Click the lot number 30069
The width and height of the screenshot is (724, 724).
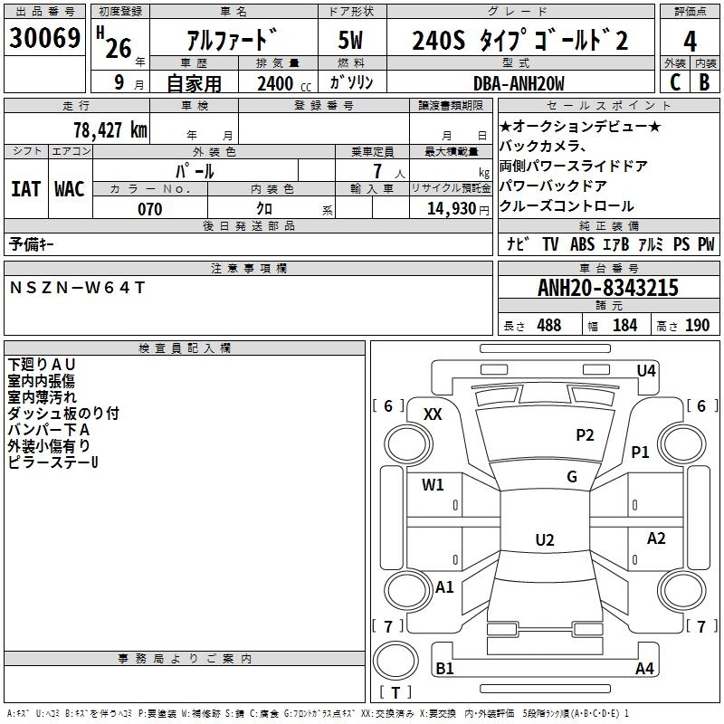[x=44, y=39]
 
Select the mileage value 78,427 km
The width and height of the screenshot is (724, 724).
[x=110, y=129]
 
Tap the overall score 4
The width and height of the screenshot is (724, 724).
[x=690, y=41]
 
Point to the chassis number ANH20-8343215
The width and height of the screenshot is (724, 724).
[x=607, y=289]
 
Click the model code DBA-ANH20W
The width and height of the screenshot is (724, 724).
[x=519, y=83]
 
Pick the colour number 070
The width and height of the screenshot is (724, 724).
[x=149, y=209]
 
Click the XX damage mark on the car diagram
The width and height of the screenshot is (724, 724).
[x=433, y=414]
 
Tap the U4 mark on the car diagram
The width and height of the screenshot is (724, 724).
[x=645, y=370]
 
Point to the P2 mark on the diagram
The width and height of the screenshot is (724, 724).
[x=585, y=435]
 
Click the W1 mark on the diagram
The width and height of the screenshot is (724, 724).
[x=433, y=485]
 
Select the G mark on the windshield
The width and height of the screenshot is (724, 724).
[x=571, y=477]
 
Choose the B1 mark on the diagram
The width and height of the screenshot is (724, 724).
[x=444, y=669]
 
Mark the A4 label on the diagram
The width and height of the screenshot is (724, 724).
[x=644, y=669]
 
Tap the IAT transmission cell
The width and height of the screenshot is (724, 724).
[x=25, y=188]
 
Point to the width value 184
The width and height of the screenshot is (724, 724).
[x=624, y=326]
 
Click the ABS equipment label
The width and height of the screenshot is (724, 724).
[x=582, y=243]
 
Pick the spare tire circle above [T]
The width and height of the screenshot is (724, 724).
[x=395, y=660]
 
